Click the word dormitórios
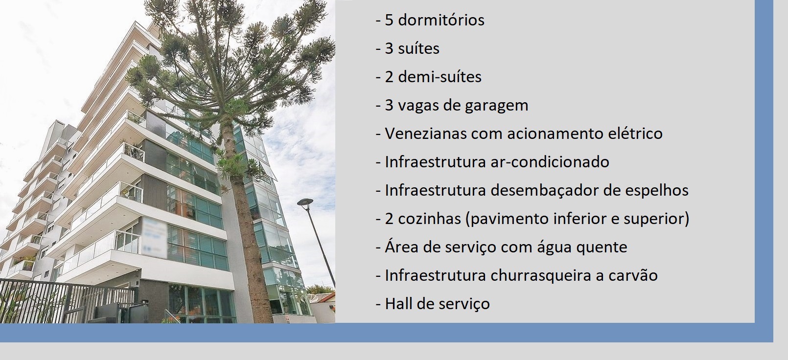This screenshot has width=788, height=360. (x=441, y=20)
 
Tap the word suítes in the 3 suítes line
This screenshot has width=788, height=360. (x=418, y=48)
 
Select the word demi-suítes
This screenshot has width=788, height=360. (x=440, y=77)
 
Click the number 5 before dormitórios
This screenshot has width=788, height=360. (x=389, y=21)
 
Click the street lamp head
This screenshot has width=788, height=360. (x=305, y=202)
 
